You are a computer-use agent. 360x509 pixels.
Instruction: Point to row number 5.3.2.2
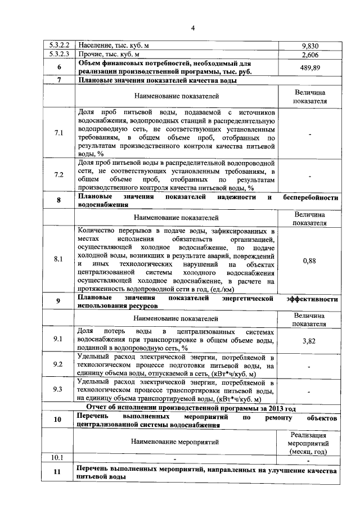point(58,46)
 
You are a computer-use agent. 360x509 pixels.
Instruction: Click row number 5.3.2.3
point(58,55)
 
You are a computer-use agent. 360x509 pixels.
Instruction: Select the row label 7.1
point(58,133)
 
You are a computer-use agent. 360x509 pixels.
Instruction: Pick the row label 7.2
point(58,175)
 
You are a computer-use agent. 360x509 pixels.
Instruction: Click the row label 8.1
point(58,260)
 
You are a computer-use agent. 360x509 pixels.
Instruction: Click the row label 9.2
point(58,365)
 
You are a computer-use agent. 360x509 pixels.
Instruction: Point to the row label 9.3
point(58,390)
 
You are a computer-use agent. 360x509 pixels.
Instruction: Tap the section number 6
point(58,67)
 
